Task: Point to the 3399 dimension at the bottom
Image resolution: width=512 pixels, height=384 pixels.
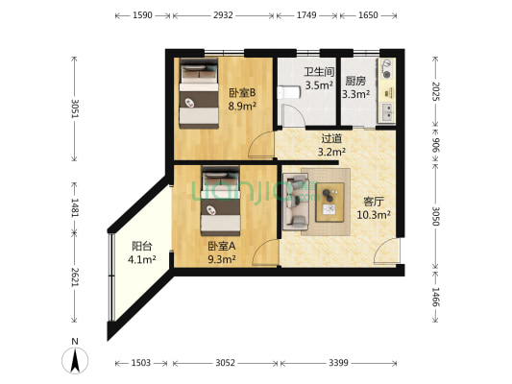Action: point(338,362)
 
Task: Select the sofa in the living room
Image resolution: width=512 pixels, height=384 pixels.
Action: point(295,200)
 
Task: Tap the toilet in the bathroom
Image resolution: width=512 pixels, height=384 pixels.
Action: point(288,94)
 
